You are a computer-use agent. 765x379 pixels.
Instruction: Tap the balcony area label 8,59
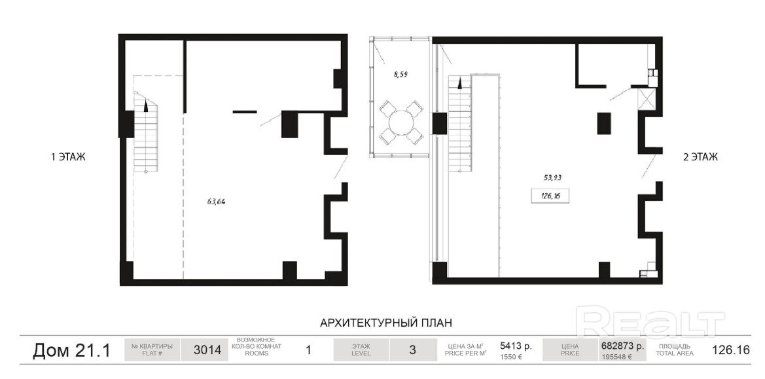pos(400,75)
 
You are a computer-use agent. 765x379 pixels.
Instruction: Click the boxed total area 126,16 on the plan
pos(551,196)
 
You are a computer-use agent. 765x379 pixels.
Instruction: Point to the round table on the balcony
pos(400,123)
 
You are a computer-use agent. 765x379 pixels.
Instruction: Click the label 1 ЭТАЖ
pos(68,157)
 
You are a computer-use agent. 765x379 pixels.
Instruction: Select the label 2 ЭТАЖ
pos(700,157)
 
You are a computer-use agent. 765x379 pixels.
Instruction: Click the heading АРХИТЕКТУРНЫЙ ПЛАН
pos(386,323)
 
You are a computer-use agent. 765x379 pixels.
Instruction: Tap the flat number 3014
pos(207,350)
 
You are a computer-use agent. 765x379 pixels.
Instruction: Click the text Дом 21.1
pos(71,350)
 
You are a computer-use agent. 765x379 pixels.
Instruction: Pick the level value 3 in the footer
pos(413,350)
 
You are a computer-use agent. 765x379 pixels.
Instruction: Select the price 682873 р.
pos(622,346)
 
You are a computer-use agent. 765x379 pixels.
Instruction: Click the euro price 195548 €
pos(616,357)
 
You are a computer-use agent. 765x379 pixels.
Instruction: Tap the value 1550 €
pos(511,357)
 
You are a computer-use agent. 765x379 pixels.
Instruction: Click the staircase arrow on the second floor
pos(459,84)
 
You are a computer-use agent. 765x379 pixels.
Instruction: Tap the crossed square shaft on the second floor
pos(647,99)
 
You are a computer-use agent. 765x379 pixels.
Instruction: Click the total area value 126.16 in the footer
pos(731,350)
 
